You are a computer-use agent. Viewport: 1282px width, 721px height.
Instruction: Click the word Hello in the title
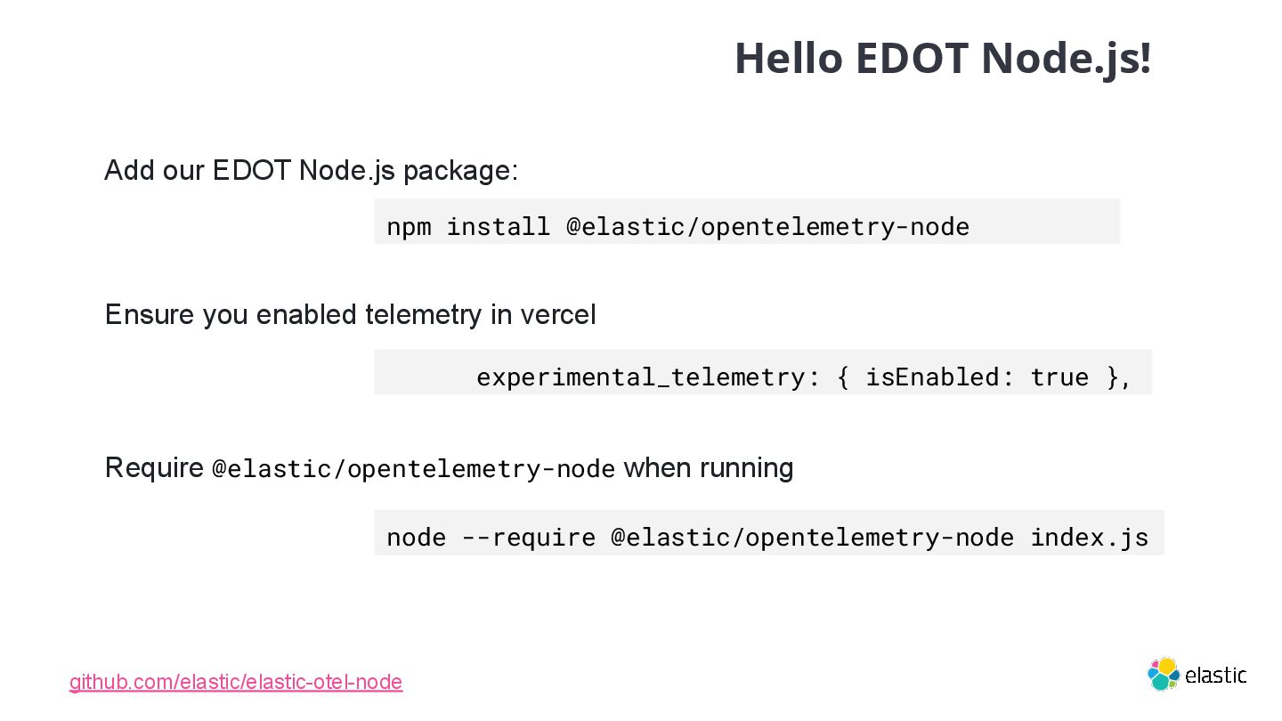click(788, 59)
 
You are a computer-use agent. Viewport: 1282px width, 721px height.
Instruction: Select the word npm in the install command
click(409, 226)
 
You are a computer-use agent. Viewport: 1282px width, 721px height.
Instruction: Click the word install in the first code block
click(498, 226)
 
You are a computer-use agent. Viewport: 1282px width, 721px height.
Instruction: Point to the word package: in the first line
click(460, 170)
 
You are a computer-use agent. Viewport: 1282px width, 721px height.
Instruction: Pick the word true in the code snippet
click(1059, 377)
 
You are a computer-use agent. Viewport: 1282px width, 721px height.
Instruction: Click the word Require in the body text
click(154, 467)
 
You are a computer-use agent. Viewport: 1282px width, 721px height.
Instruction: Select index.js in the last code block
click(1089, 537)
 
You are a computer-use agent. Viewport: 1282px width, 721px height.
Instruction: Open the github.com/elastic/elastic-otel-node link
click(236, 682)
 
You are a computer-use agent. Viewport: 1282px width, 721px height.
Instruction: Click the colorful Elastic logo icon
click(1163, 674)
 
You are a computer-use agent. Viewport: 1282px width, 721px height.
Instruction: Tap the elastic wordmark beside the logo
click(1215, 676)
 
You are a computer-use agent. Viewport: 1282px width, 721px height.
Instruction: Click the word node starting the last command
click(416, 537)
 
